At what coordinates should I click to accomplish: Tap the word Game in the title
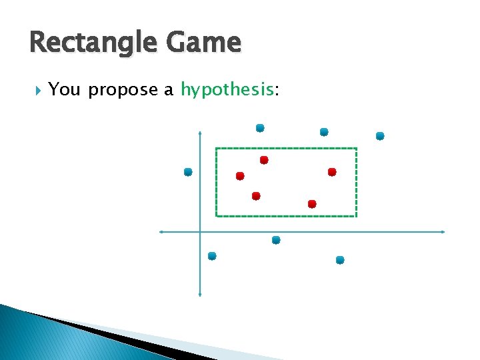[x=207, y=43]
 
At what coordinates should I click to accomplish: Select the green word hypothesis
[x=227, y=90]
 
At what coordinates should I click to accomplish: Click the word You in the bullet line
[x=65, y=89]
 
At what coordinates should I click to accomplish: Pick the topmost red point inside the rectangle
[x=264, y=160]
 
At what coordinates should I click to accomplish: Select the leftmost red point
[x=240, y=176]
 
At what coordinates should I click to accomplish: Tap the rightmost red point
[x=332, y=172]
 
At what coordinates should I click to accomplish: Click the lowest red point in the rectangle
[x=312, y=203]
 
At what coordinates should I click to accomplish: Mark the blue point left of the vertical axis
[x=188, y=172]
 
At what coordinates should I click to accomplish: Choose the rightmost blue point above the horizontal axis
[x=380, y=136]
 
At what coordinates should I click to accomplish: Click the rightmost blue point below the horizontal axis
[x=340, y=260]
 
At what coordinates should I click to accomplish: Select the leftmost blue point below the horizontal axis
[x=212, y=256]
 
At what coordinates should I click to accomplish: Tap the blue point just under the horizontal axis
[x=276, y=240]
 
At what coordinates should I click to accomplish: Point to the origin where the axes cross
[x=200, y=232]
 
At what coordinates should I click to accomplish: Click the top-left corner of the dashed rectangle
[x=216, y=148]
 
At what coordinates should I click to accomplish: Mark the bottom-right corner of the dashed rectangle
[x=357, y=216]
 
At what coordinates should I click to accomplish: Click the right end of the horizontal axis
[x=444, y=232]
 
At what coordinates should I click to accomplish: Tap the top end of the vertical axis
[x=200, y=132]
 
